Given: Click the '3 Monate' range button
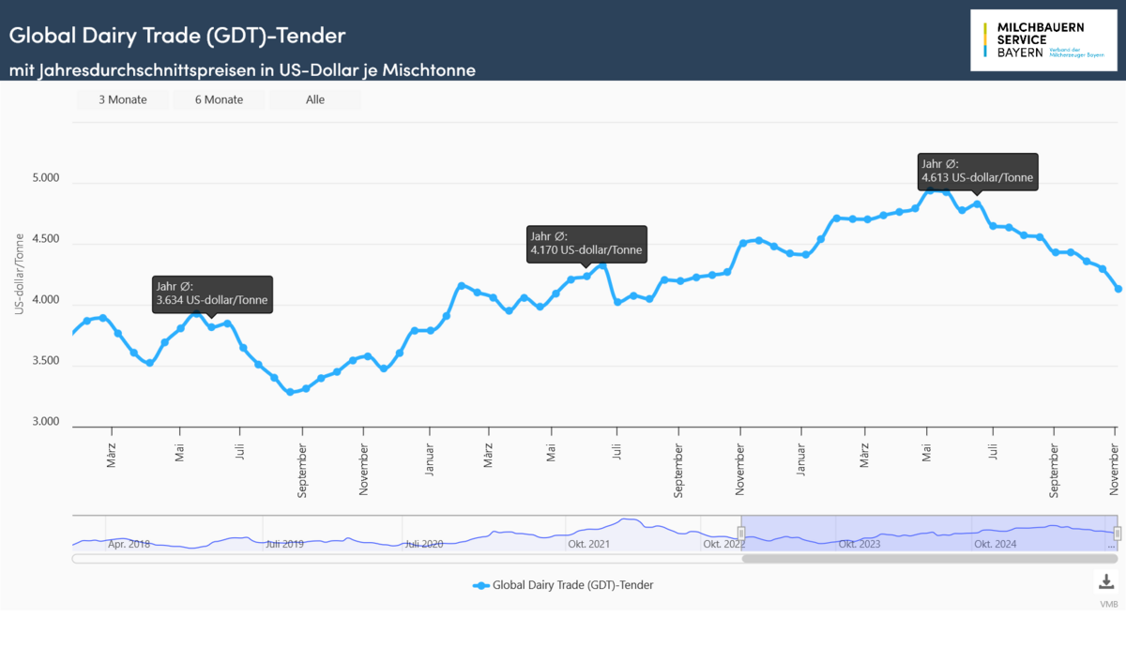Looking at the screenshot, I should coord(123,99).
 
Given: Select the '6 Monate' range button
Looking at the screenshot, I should coord(219,99).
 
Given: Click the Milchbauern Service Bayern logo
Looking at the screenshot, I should coord(1042,39).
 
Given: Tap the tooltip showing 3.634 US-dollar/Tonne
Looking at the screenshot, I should coord(212,293).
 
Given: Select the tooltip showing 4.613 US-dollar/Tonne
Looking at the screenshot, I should coord(979,172).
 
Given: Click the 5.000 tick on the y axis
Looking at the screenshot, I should coord(46,179).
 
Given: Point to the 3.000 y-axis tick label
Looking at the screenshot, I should coord(46,422).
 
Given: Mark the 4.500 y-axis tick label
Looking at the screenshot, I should coord(46,240).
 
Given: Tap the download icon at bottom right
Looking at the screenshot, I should coord(1106,581).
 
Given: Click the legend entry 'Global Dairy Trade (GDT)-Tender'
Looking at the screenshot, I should coord(563,585).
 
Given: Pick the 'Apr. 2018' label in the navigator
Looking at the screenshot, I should coord(129,544).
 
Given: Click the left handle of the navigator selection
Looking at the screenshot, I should coord(740,534).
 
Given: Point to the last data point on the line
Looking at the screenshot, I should coord(1118,289).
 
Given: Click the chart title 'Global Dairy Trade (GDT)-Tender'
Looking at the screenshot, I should coord(177,36).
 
